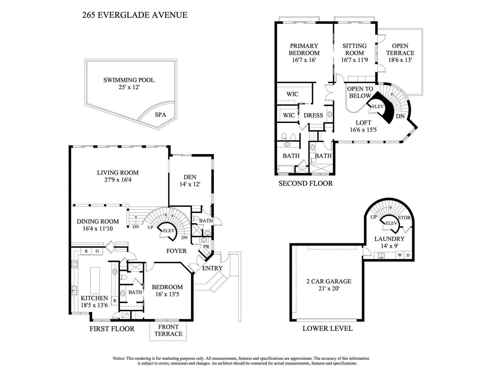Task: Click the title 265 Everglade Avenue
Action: pyautogui.click(x=135, y=15)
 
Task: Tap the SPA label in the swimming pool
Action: pyautogui.click(x=160, y=115)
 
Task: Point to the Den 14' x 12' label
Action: pyautogui.click(x=190, y=181)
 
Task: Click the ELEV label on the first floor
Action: pyautogui.click(x=168, y=230)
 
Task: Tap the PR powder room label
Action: pyautogui.click(x=206, y=246)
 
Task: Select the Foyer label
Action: pyautogui.click(x=176, y=251)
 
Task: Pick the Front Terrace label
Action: pyautogui.click(x=168, y=330)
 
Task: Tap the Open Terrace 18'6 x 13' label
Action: pyautogui.click(x=400, y=53)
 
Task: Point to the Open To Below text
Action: pyautogui.click(x=360, y=92)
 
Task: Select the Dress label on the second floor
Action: pyautogui.click(x=313, y=115)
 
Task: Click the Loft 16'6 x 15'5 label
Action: pyautogui.click(x=363, y=126)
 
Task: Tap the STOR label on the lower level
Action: pyautogui.click(x=404, y=218)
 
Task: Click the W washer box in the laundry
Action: pyautogui.click(x=400, y=255)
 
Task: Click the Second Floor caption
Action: pyautogui.click(x=306, y=183)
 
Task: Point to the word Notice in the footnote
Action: pyautogui.click(x=119, y=359)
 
